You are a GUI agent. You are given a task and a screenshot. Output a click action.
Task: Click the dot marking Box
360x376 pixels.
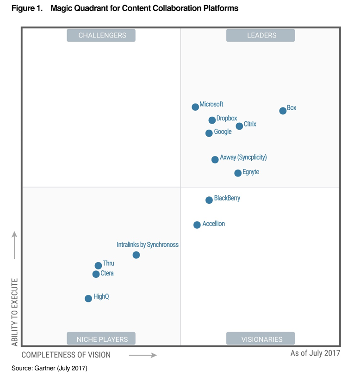point(283,111)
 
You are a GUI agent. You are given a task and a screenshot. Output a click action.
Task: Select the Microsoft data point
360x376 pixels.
point(195,107)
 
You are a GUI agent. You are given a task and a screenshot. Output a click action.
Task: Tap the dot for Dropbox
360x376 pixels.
point(212,120)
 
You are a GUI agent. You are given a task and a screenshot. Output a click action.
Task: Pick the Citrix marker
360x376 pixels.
point(239,126)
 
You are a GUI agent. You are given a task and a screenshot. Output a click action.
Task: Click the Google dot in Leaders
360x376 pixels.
point(209,133)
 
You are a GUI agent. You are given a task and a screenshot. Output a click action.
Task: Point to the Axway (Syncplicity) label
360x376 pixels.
point(243,157)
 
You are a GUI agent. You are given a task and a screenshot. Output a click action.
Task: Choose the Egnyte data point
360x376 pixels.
point(238,173)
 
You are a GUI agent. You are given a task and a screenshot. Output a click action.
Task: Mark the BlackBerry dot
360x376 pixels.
point(209,200)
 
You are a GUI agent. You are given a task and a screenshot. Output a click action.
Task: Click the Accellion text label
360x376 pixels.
point(213,224)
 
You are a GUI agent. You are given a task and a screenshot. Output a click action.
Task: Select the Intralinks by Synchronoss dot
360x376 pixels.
point(136,255)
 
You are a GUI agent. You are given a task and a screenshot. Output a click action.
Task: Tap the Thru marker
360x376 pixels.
point(98,266)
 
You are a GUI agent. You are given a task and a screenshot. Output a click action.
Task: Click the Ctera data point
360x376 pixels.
point(96,274)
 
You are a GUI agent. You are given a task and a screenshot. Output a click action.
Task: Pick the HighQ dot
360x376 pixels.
point(88,299)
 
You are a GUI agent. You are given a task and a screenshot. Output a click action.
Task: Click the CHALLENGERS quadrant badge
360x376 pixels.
point(101,36)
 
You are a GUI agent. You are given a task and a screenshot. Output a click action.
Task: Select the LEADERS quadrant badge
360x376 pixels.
point(261,36)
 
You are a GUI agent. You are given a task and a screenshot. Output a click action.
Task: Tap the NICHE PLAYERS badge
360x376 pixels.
point(101,339)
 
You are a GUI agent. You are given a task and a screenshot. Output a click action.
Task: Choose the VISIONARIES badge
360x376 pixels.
point(261,339)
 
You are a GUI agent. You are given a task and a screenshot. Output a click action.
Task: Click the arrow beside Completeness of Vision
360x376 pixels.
point(143,355)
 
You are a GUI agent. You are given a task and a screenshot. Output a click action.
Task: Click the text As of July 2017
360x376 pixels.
point(315,353)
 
